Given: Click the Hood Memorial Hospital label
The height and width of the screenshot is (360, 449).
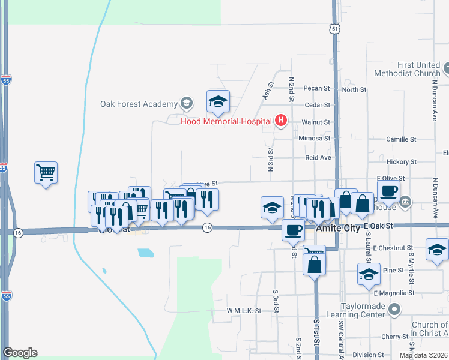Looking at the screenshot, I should click(x=227, y=121).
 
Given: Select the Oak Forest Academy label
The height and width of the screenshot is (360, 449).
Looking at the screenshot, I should click(x=138, y=104).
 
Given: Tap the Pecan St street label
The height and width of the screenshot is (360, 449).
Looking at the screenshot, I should click(x=318, y=88).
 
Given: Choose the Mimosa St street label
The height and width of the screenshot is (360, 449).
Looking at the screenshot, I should click(x=315, y=138).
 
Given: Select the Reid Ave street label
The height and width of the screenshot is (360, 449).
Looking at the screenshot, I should click(x=318, y=157).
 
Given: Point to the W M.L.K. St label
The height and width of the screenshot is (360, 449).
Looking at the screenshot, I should click(x=244, y=311).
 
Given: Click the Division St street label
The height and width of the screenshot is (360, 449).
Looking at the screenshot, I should click(x=367, y=355).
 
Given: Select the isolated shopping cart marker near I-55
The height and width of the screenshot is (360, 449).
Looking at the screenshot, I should click(x=46, y=173).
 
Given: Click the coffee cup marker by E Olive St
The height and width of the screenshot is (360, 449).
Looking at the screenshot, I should click(x=388, y=191).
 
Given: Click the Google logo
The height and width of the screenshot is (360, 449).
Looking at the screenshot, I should click(x=20, y=353).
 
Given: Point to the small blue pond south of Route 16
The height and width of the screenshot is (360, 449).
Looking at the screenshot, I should click(x=146, y=253).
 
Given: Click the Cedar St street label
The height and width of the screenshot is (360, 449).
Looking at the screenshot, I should click(x=318, y=104).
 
